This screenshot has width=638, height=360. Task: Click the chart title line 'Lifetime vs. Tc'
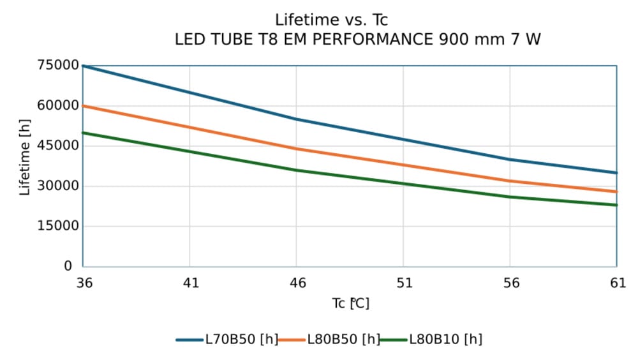pos(331,20)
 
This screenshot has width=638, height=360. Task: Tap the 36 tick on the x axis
pos(83,283)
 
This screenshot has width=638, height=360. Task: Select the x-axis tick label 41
pos(190,283)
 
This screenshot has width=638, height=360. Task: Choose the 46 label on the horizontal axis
pos(297,283)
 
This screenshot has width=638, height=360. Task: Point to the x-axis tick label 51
pos(403,283)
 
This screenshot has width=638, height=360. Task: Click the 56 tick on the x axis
pos(510,283)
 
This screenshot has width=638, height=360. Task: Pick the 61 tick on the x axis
pos(617,283)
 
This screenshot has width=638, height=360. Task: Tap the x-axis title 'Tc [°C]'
pos(350,303)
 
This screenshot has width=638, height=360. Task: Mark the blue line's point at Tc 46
pos(296,119)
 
